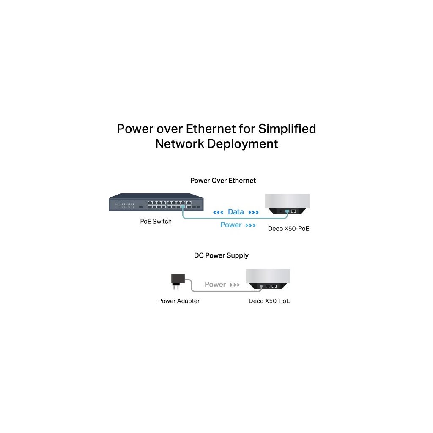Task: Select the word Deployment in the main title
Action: coord(242,144)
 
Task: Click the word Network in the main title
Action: coord(179,144)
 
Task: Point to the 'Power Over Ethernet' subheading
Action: coord(223,181)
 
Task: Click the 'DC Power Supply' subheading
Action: coord(221,255)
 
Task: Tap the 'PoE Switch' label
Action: coord(156,221)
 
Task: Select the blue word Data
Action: coord(236,212)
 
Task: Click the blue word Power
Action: coord(231,225)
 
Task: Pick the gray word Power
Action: coord(215,285)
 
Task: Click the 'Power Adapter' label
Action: coord(178,301)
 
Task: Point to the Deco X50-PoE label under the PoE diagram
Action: coord(289,229)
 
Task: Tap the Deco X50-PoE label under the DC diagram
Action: coord(269,301)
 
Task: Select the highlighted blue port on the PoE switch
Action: coord(182,207)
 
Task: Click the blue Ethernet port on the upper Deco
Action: coord(287,211)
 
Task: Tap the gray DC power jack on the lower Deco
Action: coord(261,286)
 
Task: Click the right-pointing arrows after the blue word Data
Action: coord(253,212)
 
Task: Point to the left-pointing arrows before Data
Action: coord(218,212)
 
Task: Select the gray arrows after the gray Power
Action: coord(235,285)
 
